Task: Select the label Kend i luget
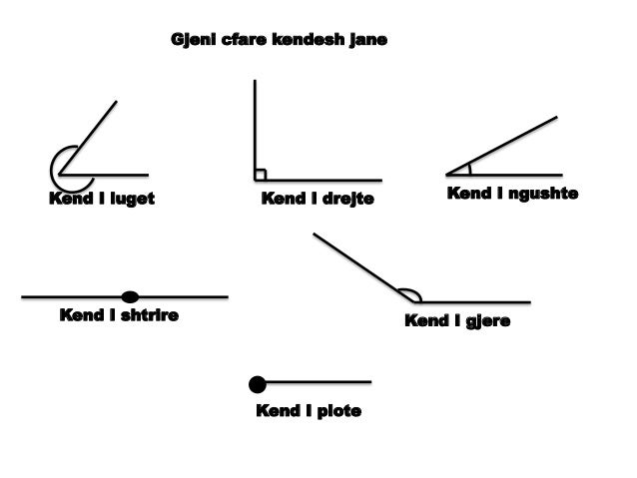click(x=102, y=199)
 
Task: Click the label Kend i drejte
click(x=318, y=199)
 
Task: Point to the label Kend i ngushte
click(x=512, y=194)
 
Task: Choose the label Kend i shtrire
click(x=119, y=315)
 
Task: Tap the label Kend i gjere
click(x=457, y=321)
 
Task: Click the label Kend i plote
click(x=309, y=410)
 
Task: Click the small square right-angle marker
click(x=261, y=175)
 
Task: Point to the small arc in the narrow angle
click(x=469, y=169)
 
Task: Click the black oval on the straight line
click(x=130, y=296)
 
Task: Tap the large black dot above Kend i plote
click(x=258, y=384)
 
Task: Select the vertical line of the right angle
click(x=255, y=130)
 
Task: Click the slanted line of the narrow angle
click(x=502, y=146)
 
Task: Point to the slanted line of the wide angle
click(x=363, y=267)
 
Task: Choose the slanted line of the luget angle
click(x=88, y=138)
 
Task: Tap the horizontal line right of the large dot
click(x=318, y=382)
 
